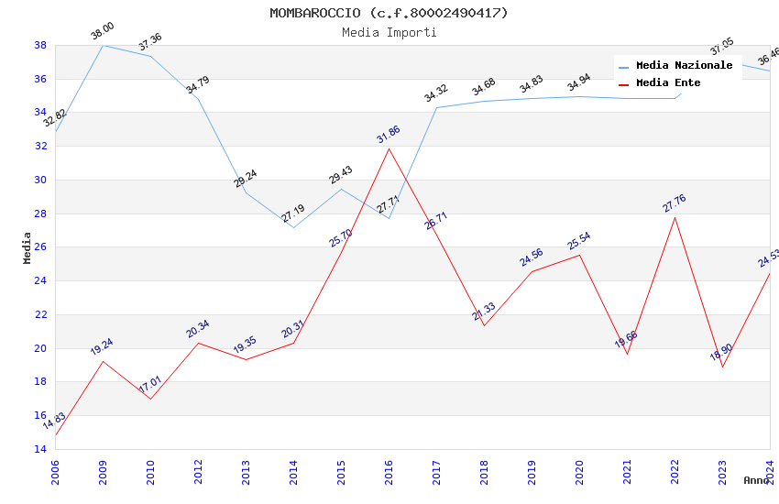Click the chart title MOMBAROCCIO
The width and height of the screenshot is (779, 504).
[389, 13]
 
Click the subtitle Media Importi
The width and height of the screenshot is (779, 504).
[389, 32]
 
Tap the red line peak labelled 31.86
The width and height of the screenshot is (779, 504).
[389, 148]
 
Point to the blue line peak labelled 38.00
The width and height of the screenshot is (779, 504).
[103, 45]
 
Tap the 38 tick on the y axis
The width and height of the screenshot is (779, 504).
[40, 45]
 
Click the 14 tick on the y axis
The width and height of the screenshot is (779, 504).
[40, 449]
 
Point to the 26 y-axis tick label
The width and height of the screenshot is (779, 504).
[40, 247]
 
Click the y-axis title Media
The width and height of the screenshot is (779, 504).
[27, 247]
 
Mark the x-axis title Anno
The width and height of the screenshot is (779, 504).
[756, 480]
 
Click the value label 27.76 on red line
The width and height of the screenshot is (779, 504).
[675, 203]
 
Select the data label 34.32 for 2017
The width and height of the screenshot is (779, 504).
[436, 93]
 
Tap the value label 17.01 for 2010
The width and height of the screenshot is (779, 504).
[150, 384]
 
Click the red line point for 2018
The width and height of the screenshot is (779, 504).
[484, 325]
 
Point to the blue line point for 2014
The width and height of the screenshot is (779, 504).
[293, 227]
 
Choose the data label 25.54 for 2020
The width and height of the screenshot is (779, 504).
[579, 242]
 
